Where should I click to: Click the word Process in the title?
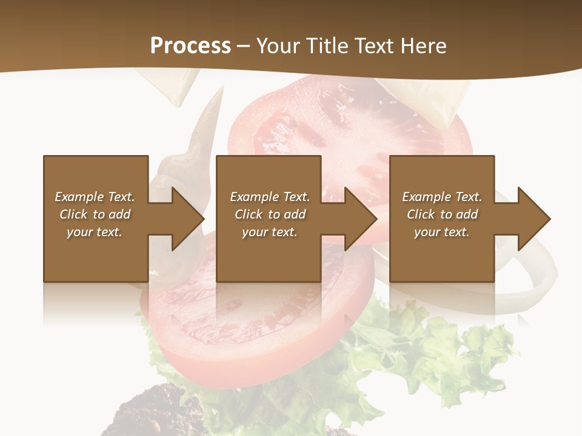tap(190, 46)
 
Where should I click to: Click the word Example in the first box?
tap(79, 197)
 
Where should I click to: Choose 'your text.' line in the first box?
tap(95, 232)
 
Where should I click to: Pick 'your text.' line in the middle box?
tap(269, 232)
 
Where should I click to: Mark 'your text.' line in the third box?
tap(442, 232)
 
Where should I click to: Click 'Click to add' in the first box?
tap(95, 214)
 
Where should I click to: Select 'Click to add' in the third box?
tap(442, 214)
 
